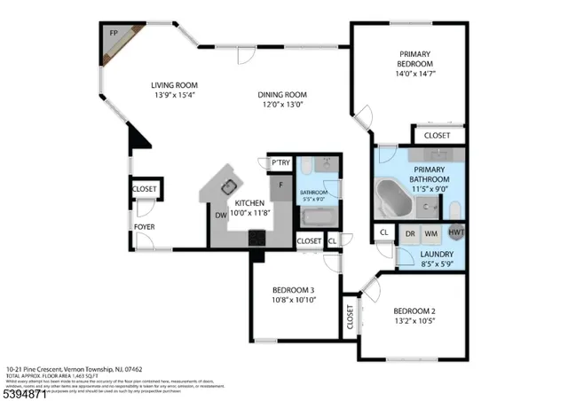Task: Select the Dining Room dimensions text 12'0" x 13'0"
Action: [282, 105]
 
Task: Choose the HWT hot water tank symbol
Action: [456, 232]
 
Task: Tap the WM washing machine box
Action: [431, 233]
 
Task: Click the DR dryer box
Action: [410, 233]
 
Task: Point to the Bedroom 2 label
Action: [414, 310]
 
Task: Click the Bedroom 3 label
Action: [294, 290]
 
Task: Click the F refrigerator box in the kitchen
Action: [281, 185]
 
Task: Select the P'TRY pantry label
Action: [280, 162]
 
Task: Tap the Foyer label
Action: [144, 227]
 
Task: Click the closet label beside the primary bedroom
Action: [436, 136]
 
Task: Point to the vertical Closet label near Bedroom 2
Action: [350, 318]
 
